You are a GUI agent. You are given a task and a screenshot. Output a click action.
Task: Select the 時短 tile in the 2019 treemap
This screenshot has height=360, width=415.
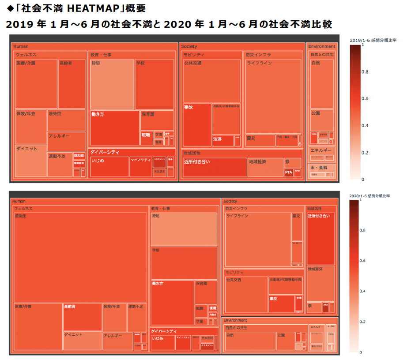pos(112,84)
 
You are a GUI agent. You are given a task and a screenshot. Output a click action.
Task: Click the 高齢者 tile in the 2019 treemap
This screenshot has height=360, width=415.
pos(72,84)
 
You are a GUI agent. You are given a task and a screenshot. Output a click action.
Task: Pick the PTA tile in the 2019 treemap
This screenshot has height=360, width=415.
pos(289,172)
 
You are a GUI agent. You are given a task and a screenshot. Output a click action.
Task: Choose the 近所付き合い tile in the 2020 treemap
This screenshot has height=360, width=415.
pos(321,239)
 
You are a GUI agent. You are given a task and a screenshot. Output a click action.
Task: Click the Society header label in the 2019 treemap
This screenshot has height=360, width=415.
pos(189,46)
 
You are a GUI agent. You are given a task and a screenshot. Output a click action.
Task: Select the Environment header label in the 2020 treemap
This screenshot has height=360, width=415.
pos(235,320)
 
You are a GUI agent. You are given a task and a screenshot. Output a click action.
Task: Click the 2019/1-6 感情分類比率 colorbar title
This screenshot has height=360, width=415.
pos(373,40)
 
